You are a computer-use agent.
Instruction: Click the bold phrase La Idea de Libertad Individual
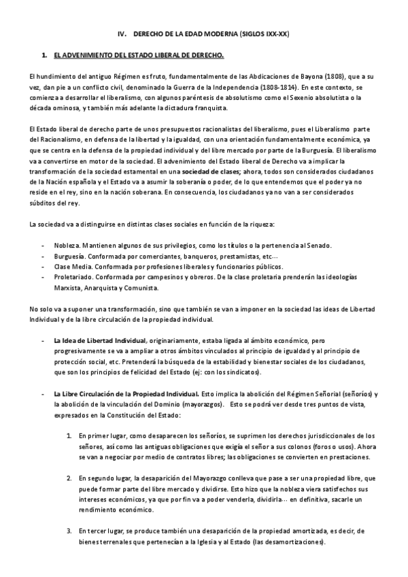(x=100, y=340)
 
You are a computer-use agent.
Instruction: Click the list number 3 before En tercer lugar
(x=69, y=531)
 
